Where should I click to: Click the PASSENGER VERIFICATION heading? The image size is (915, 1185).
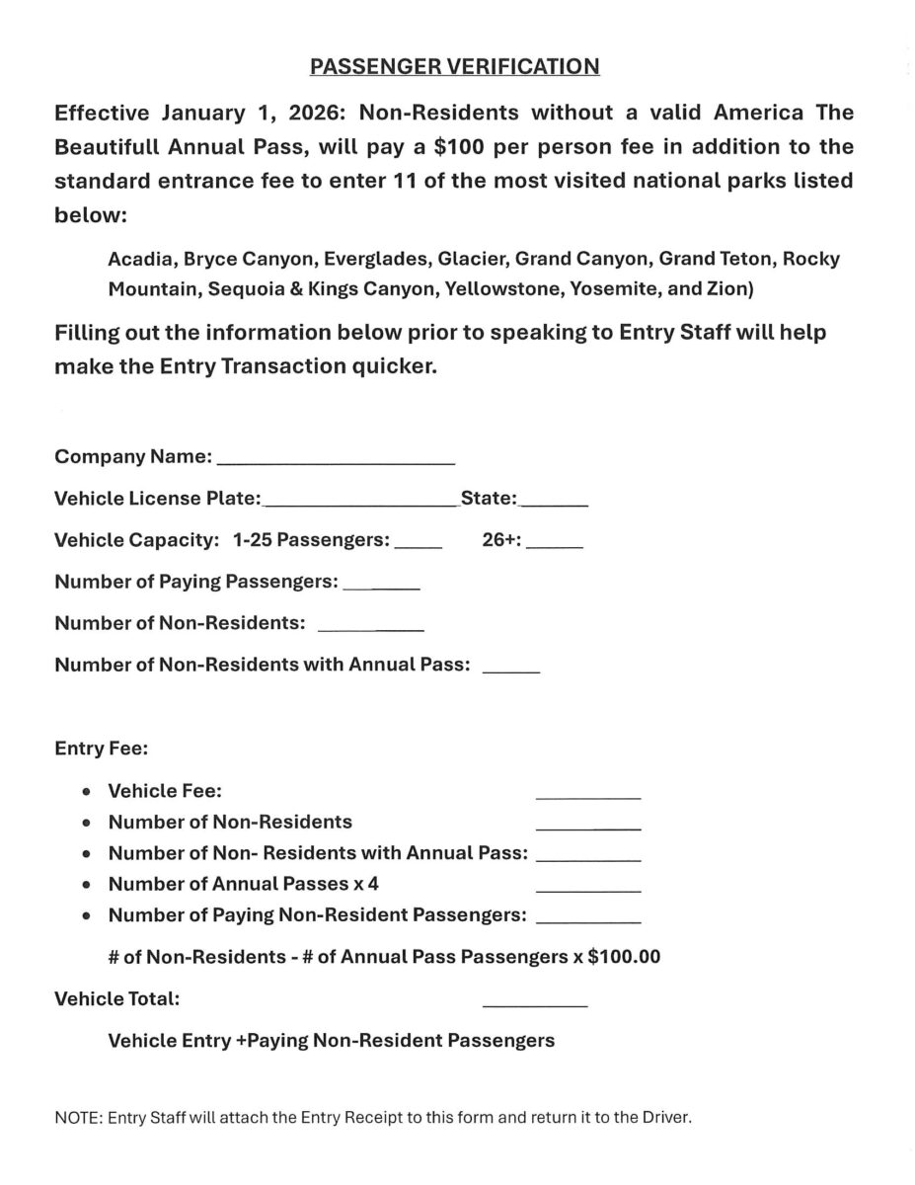(454, 66)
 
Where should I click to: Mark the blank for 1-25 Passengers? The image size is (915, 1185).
(418, 544)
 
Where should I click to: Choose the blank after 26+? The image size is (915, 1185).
(555, 544)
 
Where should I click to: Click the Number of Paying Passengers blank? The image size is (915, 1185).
(381, 587)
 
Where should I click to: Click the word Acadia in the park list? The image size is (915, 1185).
(139, 259)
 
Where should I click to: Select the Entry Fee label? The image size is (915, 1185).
(101, 749)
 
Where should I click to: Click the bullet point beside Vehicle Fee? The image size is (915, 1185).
(89, 791)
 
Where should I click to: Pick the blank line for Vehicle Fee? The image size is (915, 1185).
(587, 795)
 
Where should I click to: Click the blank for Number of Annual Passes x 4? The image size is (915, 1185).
(587, 889)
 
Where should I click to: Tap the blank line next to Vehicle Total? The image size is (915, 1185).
(534, 1003)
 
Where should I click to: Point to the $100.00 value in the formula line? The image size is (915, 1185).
(624, 957)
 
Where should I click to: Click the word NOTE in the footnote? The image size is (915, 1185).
(77, 1118)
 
